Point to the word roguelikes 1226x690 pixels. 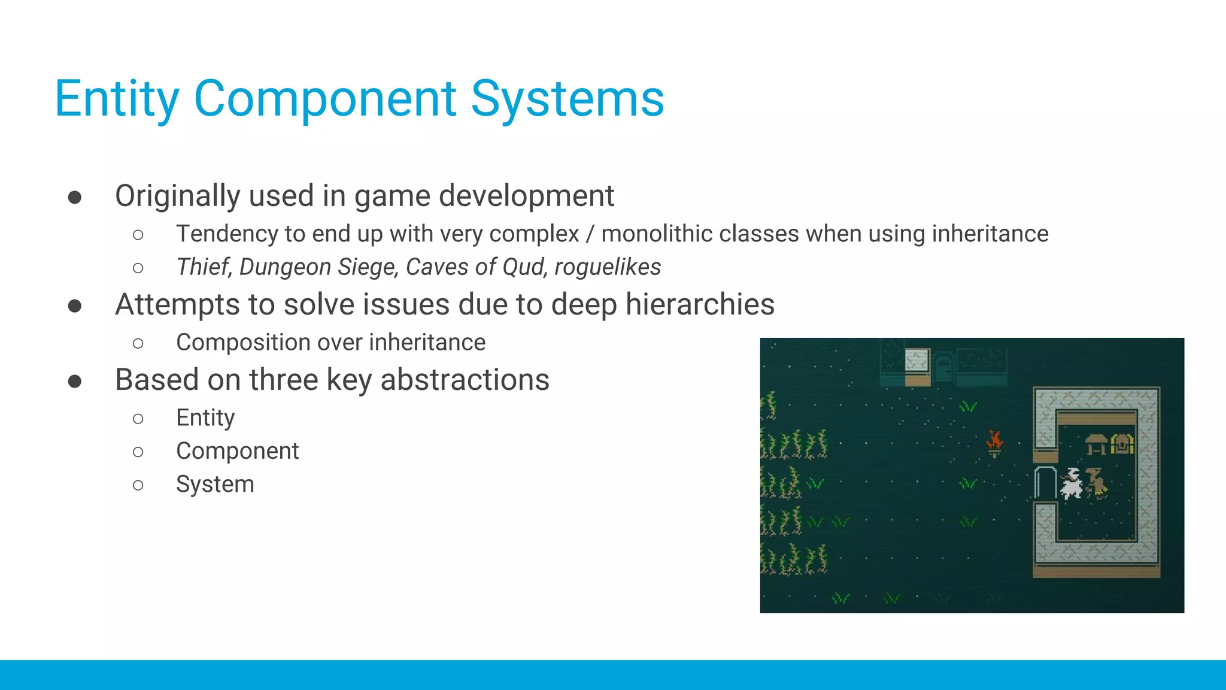(x=607, y=267)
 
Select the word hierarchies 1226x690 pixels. (x=699, y=304)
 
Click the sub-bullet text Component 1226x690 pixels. (x=237, y=451)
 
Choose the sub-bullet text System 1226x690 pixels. (x=215, y=484)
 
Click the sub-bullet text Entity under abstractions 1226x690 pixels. (x=205, y=417)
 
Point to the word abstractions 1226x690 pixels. (x=465, y=380)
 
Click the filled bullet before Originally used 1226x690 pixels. (x=75, y=197)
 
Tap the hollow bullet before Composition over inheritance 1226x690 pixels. (x=138, y=343)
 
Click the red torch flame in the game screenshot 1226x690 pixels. (x=994, y=441)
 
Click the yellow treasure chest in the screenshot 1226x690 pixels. (x=1122, y=444)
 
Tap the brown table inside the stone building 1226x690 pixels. (x=1096, y=444)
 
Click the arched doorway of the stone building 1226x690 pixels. (x=1045, y=483)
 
